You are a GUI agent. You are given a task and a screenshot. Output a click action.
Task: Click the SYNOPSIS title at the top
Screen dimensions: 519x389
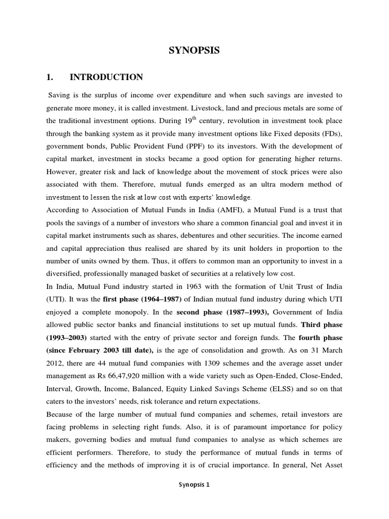tap(194, 51)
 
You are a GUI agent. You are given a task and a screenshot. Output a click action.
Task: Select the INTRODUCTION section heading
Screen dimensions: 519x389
tap(106, 78)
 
